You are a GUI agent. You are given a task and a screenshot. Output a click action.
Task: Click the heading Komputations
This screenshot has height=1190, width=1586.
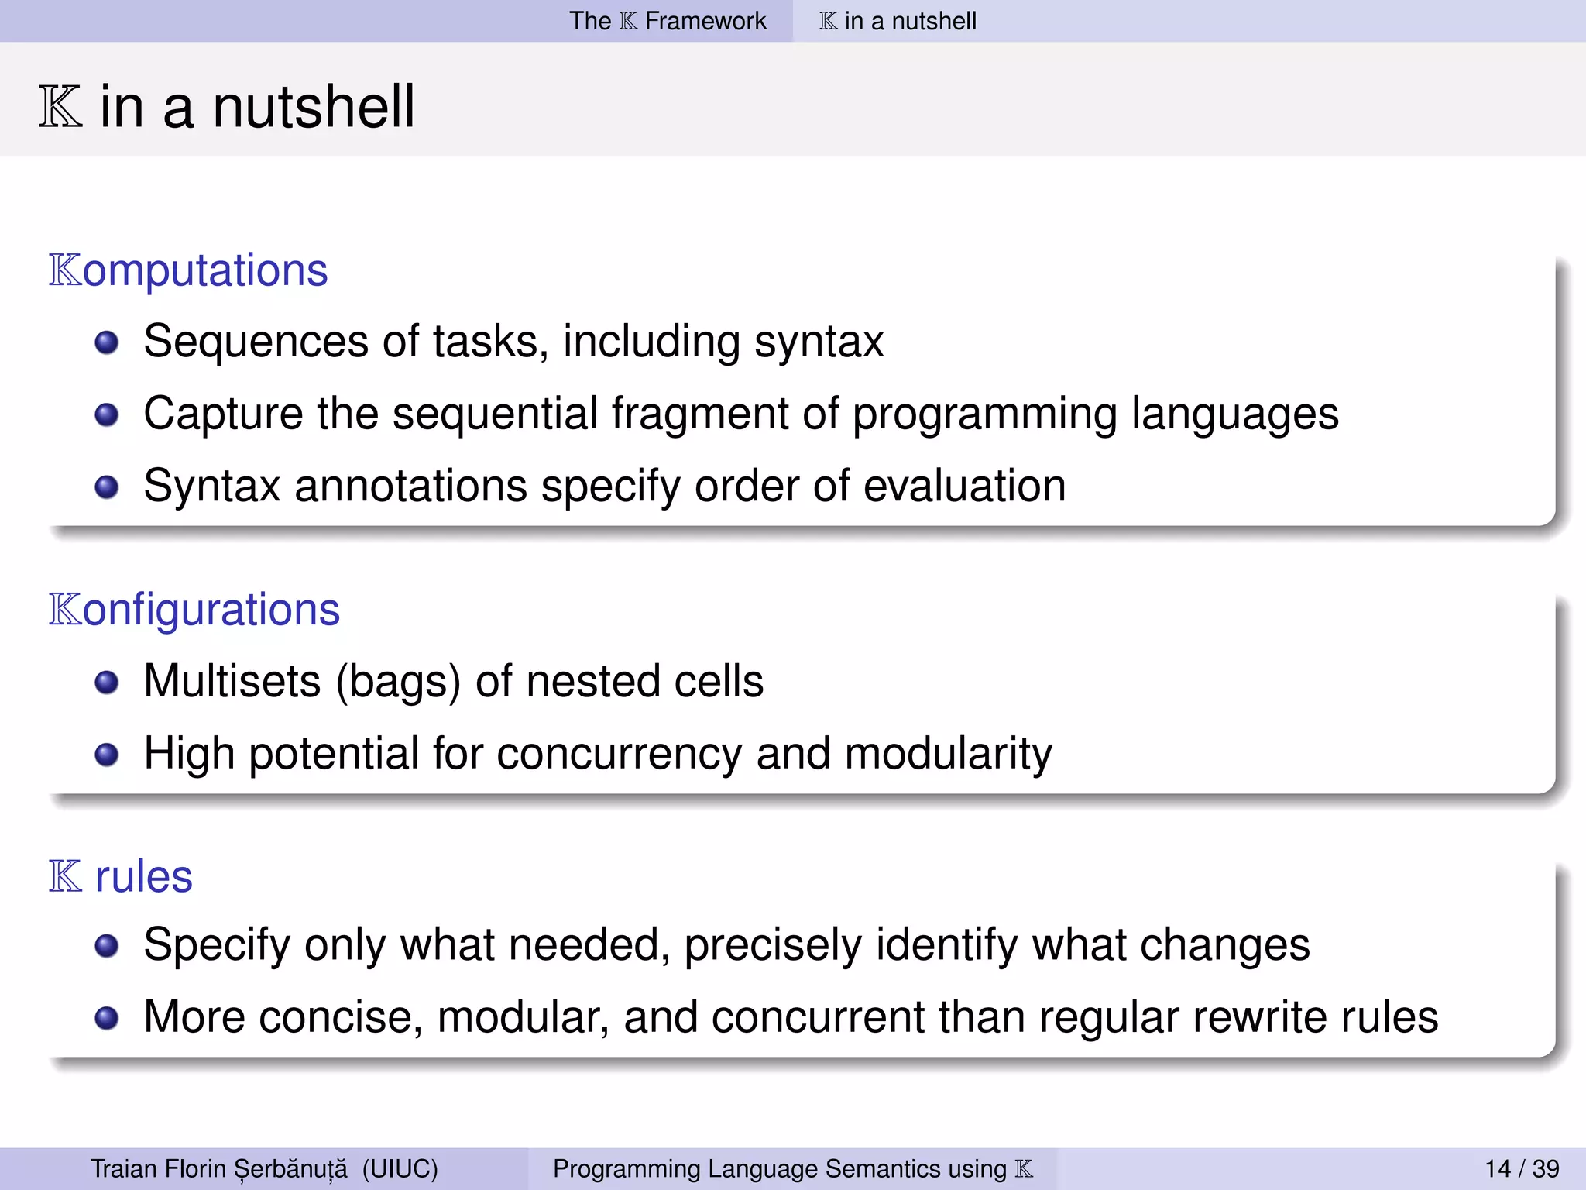188,270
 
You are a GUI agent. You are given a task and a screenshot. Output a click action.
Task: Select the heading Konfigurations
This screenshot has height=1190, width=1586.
194,610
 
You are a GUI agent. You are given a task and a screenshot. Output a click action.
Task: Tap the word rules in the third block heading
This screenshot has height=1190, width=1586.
143,877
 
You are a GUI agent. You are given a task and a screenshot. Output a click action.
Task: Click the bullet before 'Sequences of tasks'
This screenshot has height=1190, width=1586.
106,342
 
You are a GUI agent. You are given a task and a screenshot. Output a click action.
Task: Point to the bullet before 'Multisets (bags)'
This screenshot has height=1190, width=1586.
106,683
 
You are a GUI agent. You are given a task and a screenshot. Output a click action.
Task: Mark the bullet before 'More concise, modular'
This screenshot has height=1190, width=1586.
106,1018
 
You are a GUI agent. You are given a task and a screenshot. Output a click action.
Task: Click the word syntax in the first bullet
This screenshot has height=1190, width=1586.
819,342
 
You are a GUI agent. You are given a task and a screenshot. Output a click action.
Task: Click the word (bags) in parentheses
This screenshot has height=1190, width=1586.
398,682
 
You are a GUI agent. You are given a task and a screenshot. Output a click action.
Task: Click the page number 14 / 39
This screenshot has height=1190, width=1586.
1522,1168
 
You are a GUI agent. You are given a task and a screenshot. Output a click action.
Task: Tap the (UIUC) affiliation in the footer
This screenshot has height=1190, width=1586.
400,1168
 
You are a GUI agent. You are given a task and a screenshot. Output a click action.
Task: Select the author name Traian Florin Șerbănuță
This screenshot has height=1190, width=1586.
219,1168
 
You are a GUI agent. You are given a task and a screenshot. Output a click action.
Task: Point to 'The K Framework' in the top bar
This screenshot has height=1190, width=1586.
668,21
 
